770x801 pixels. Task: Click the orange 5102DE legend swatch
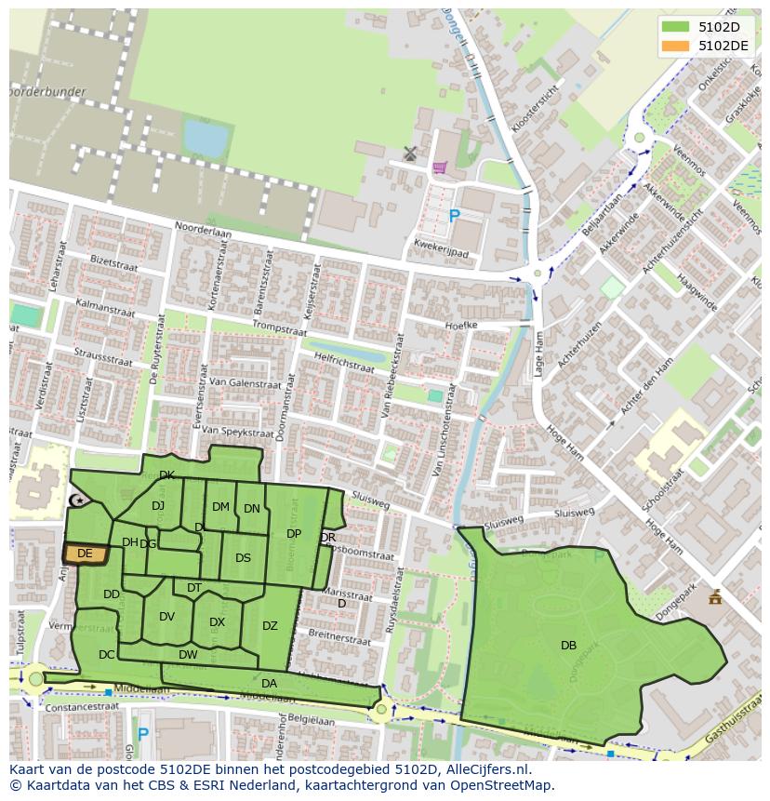(x=675, y=46)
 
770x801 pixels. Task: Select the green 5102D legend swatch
(x=675, y=27)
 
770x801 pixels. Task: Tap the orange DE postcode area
(x=85, y=554)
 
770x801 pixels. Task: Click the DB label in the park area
(x=568, y=646)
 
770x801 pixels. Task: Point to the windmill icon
(x=410, y=153)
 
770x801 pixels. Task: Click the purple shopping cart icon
(x=439, y=167)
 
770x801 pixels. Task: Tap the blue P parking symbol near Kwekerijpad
(x=454, y=216)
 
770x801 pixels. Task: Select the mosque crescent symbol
(x=78, y=501)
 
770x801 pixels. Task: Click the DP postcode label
(x=294, y=534)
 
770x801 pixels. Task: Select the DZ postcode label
(x=270, y=626)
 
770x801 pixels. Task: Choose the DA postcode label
(x=269, y=684)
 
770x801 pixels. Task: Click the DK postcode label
(x=166, y=475)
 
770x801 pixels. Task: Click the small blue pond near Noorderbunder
(x=206, y=139)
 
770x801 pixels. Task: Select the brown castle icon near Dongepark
(x=714, y=596)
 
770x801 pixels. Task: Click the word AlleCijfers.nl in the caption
(x=484, y=769)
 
